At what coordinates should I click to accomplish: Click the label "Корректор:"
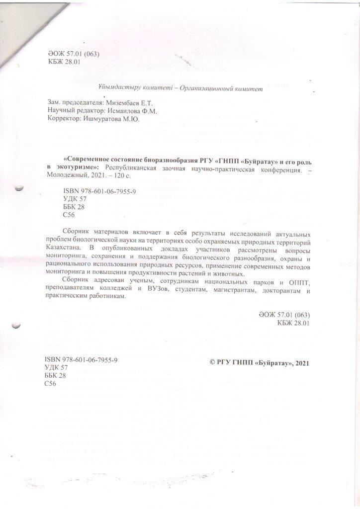(62, 119)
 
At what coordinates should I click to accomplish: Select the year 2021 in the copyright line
(302, 363)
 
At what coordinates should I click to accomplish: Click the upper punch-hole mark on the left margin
(19, 188)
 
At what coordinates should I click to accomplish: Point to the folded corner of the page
(20, 30)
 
